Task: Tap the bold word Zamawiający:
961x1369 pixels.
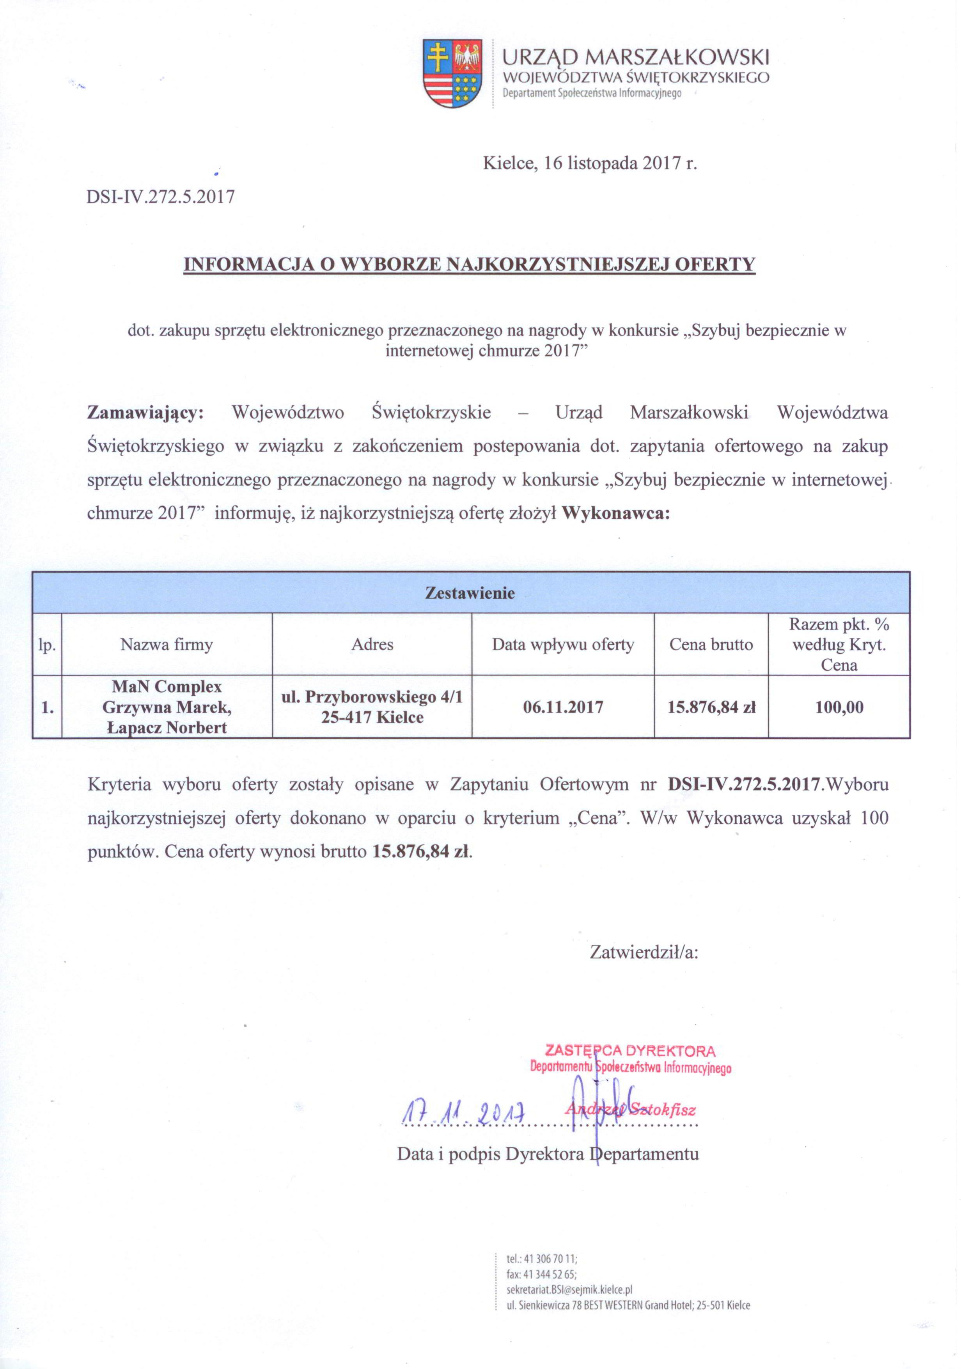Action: tap(145, 413)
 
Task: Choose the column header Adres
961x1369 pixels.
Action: tap(372, 645)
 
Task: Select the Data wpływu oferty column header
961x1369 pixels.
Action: tap(563, 645)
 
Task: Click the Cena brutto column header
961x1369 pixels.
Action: tap(711, 645)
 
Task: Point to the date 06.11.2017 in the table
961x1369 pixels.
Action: tap(563, 708)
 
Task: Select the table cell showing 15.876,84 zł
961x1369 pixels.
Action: tap(711, 708)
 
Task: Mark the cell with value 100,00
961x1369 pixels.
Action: tap(839, 708)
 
